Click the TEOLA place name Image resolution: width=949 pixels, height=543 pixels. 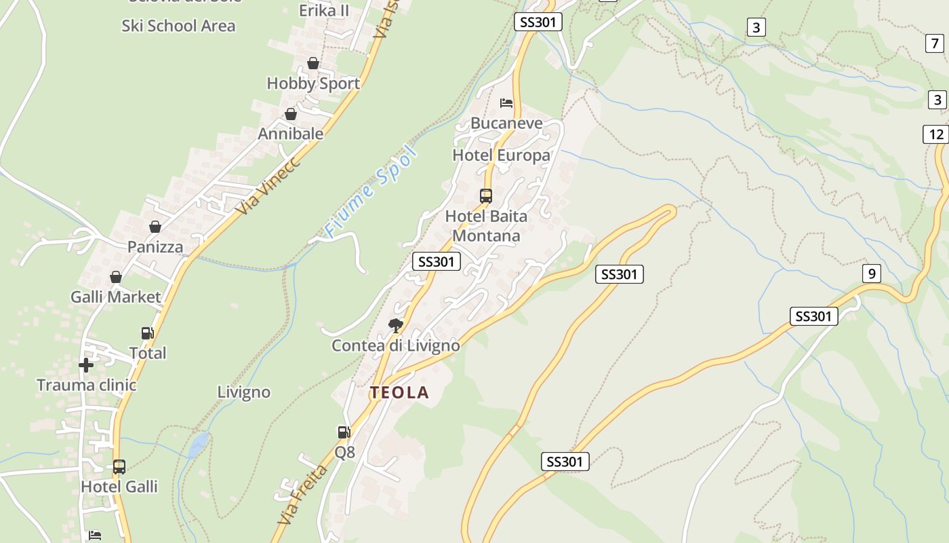(x=399, y=392)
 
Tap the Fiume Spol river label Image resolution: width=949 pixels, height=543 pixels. (x=369, y=192)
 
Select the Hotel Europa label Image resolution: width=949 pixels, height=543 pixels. (x=501, y=155)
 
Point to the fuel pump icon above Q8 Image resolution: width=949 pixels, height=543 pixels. (x=344, y=432)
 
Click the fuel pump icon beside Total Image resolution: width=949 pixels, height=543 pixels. (x=147, y=333)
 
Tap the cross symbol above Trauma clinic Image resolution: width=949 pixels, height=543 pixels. (x=86, y=365)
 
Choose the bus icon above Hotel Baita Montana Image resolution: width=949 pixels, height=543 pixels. (x=486, y=196)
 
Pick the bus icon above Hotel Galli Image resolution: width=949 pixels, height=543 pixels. (x=119, y=467)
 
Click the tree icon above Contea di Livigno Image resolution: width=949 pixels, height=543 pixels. (x=395, y=326)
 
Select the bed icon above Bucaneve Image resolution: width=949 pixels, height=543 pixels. (x=506, y=103)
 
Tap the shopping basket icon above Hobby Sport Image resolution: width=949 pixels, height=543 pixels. (x=313, y=63)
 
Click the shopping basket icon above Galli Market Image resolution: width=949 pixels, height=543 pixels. (x=116, y=277)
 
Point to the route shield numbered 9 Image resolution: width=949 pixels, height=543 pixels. (x=872, y=274)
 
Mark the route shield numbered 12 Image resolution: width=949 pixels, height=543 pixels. (x=936, y=134)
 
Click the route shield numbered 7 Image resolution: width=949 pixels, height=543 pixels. (x=935, y=43)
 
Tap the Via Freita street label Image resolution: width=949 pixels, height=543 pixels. (x=302, y=495)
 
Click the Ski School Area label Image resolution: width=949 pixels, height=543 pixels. (x=178, y=26)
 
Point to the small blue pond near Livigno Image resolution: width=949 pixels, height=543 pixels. (x=198, y=445)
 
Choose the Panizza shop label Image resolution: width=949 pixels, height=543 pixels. (x=155, y=246)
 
